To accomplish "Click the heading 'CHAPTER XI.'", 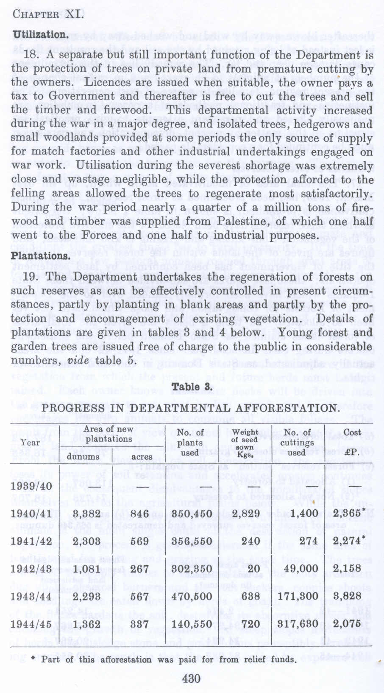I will click(47, 14).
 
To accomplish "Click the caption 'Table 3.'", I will click(192, 387).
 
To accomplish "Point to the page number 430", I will click(191, 678).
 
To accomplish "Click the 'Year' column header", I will click(30, 442).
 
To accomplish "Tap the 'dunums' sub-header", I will click(80, 456).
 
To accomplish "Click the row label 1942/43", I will click(32, 569).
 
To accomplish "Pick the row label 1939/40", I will click(32, 485).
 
